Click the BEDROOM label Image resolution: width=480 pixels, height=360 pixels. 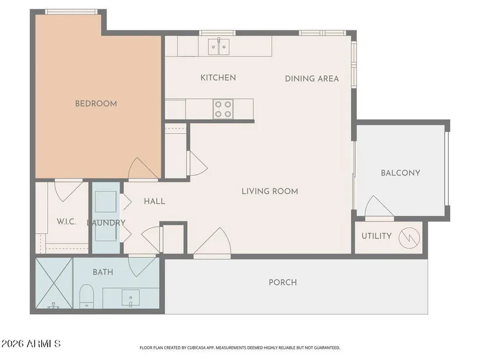[96, 104]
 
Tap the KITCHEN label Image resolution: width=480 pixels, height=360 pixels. [218, 78]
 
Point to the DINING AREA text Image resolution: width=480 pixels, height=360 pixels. [312, 79]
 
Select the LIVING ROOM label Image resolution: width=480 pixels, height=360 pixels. [270, 191]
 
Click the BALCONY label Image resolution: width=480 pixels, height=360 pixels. [400, 173]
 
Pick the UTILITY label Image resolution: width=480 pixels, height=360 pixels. [376, 236]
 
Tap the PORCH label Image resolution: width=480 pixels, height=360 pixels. [283, 282]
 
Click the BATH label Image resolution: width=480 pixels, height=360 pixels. [103, 272]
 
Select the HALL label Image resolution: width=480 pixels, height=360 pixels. [155, 201]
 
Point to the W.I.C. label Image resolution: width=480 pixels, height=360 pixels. [66, 222]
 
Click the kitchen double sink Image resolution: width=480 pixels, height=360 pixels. [219, 47]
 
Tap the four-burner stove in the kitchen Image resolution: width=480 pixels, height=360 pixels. [223, 109]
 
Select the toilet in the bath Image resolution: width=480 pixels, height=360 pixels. [86, 297]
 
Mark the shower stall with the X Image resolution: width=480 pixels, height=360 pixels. [54, 283]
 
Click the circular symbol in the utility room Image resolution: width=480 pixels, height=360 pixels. [409, 237]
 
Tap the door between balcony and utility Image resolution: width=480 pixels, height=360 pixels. [379, 208]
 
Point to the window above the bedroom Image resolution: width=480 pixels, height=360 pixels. [72, 12]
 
